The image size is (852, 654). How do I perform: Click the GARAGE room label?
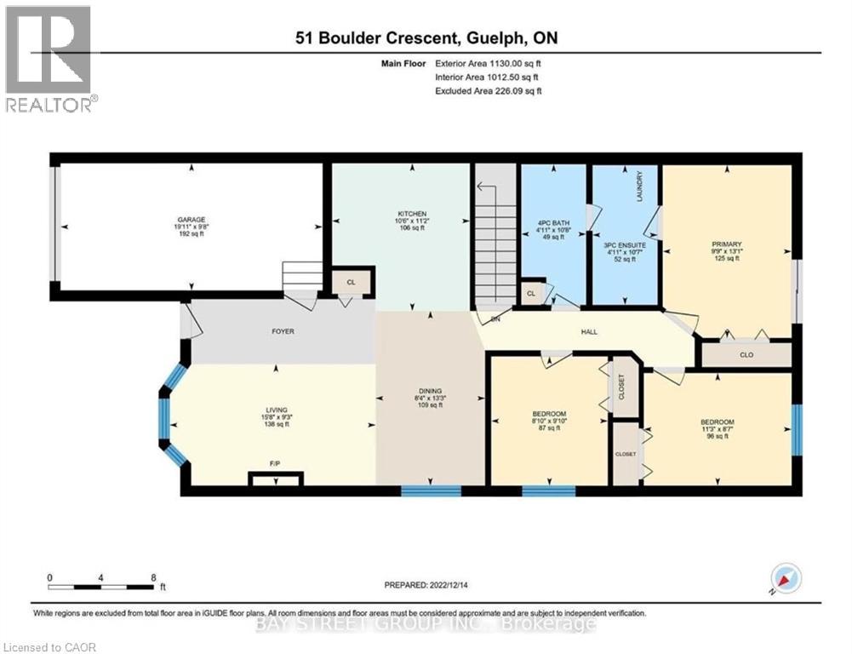[x=186, y=220]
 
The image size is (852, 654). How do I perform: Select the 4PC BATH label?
[x=553, y=223]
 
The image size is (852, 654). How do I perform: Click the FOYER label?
[x=283, y=331]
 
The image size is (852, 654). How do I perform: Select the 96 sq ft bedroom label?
[x=717, y=422]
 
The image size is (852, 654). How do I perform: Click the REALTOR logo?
[x=49, y=59]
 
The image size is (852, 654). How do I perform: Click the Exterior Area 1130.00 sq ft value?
[x=489, y=63]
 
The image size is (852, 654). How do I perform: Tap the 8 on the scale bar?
[x=152, y=577]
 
